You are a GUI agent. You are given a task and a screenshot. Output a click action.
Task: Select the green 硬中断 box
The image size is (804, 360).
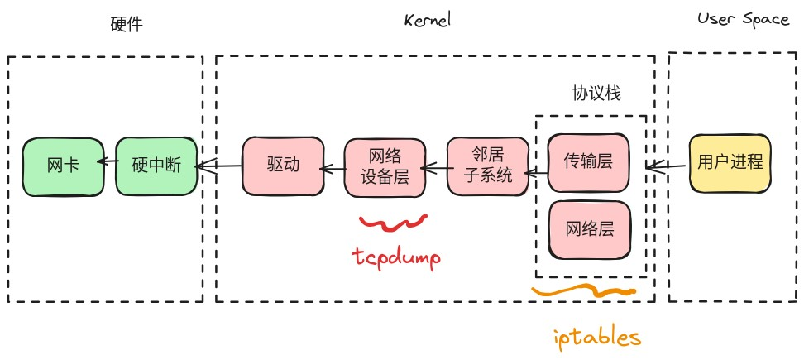coord(155,166)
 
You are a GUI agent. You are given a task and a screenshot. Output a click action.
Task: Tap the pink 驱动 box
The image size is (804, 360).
coord(282,165)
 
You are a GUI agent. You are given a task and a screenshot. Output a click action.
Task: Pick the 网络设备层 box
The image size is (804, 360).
coord(384,166)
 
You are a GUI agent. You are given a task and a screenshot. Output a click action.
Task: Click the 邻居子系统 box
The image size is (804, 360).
coord(487,166)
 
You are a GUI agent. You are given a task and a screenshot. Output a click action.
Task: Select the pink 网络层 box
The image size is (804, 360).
coord(588,229)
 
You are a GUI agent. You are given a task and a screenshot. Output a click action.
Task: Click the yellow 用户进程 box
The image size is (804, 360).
coord(730,162)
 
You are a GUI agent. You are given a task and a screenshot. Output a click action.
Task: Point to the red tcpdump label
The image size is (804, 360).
coord(394,258)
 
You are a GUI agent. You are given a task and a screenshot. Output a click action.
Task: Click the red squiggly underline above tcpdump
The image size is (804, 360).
coord(392,222)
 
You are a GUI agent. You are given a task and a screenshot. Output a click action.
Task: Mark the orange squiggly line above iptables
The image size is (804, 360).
coord(584,291)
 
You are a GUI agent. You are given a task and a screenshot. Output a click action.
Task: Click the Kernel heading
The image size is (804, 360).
coord(427,21)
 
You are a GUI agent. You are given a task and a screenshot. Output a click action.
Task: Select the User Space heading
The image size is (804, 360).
coord(743,20)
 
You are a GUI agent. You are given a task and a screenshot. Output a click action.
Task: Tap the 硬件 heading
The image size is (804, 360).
coord(126,24)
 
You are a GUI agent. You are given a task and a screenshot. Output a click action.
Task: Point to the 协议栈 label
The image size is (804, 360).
coord(596,94)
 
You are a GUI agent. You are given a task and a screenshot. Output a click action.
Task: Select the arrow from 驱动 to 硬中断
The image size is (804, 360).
coord(219,166)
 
